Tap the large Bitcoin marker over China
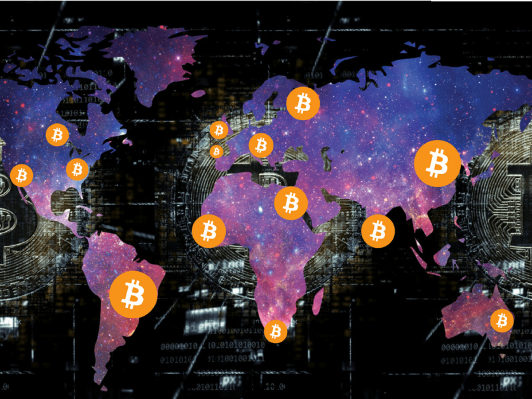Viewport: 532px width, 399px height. (x=437, y=164)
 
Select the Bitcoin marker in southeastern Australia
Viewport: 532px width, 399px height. (x=502, y=321)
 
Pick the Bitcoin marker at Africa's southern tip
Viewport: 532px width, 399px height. (x=276, y=331)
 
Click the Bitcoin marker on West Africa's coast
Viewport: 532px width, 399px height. (x=209, y=231)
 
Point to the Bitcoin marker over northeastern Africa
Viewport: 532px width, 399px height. (x=291, y=203)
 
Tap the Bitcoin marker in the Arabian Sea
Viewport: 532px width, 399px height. (x=378, y=231)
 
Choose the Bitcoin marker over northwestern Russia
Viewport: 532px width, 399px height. (x=303, y=103)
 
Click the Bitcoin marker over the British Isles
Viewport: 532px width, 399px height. (x=219, y=130)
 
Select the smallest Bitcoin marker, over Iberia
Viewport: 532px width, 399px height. (x=216, y=152)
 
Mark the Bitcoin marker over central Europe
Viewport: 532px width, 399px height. (x=261, y=145)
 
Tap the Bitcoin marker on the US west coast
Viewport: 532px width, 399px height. (x=21, y=176)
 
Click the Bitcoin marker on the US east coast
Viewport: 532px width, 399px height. (x=77, y=169)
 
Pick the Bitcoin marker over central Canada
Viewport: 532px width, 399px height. (x=57, y=135)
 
